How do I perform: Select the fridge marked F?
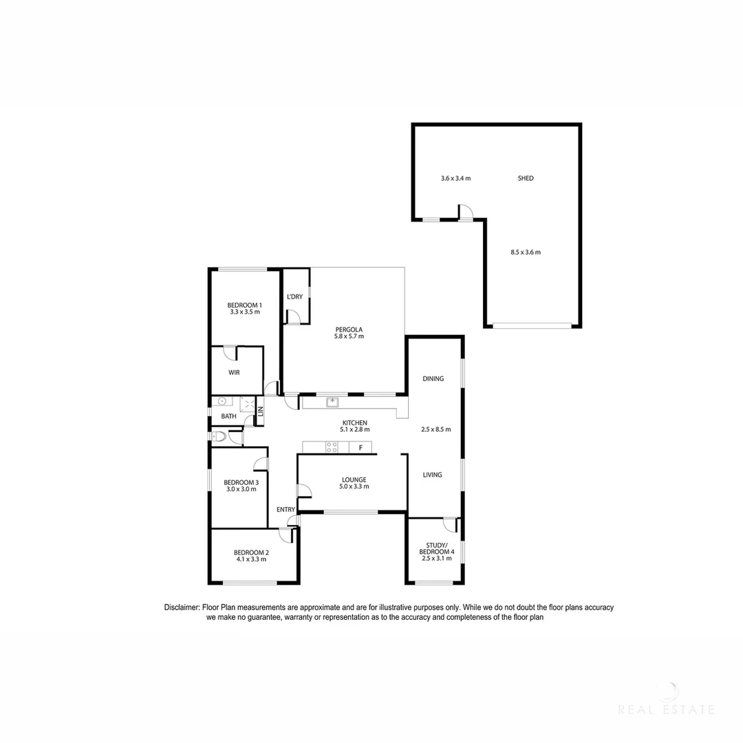tap(360, 448)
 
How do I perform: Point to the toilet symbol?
tap(219, 436)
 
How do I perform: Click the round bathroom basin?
tap(222, 402)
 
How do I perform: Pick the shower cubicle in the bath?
tap(248, 405)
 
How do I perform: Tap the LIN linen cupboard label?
tap(260, 411)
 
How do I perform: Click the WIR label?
tap(235, 372)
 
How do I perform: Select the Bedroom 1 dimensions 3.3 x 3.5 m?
tap(245, 312)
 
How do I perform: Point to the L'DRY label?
tap(294, 297)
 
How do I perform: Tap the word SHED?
tap(525, 178)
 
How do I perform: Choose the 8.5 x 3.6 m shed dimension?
tap(526, 252)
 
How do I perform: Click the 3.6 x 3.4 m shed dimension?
tap(455, 178)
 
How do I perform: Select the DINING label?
tap(433, 378)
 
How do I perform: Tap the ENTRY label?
tap(286, 509)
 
